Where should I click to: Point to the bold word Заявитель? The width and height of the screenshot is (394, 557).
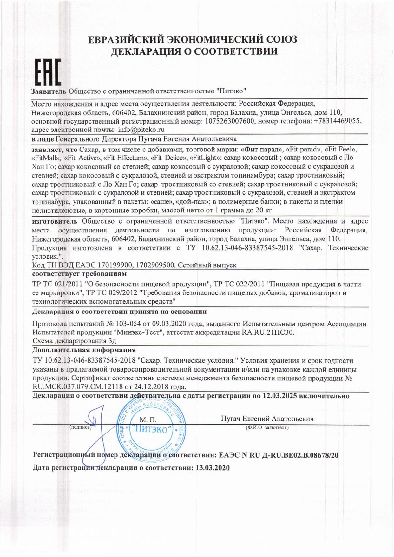point(49,91)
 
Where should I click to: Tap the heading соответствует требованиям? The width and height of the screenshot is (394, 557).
point(80,273)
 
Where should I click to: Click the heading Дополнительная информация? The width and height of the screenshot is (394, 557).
point(84,350)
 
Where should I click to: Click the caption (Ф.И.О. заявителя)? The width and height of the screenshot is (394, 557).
point(267,427)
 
